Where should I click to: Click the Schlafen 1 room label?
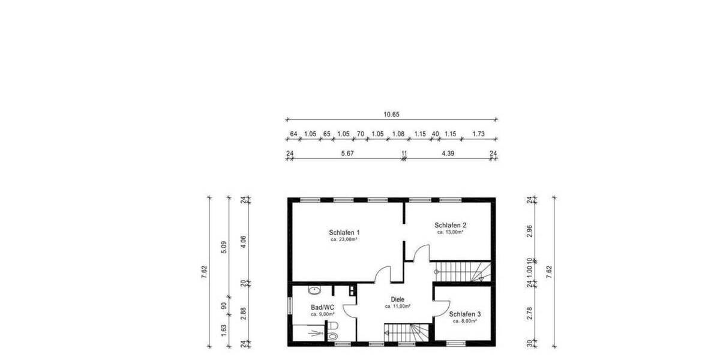(x=344, y=232)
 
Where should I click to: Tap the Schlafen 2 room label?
(x=449, y=225)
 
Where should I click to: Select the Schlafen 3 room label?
(x=464, y=314)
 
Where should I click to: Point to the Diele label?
(x=397, y=299)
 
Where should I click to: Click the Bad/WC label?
(x=322, y=307)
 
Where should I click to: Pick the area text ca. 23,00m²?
(x=344, y=239)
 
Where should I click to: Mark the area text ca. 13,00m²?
(x=449, y=232)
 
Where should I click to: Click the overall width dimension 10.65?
(x=391, y=114)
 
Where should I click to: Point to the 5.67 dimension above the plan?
(x=347, y=154)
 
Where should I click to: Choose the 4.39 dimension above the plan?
(x=448, y=154)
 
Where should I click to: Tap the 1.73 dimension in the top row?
(x=478, y=134)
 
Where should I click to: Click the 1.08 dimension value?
(x=398, y=134)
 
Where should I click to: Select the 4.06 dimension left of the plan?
(x=244, y=242)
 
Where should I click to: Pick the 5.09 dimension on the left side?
(x=224, y=246)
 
